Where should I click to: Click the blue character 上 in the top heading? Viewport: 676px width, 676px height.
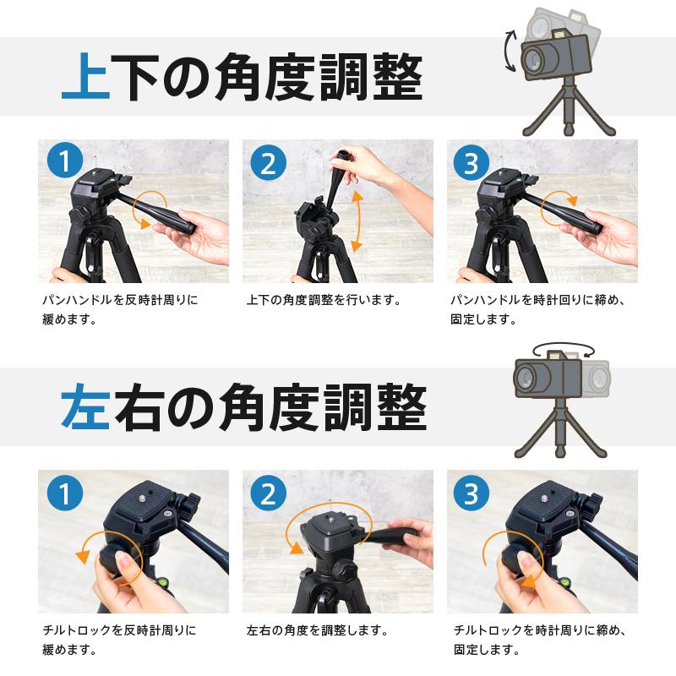pyautogui.click(x=86, y=76)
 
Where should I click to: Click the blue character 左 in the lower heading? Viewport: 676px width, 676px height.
pyautogui.click(x=86, y=407)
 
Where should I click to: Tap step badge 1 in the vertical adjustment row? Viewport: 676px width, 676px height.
pyautogui.click(x=65, y=160)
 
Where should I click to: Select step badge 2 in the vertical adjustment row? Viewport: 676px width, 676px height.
pyautogui.click(x=268, y=162)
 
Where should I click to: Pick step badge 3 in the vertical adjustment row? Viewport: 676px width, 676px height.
pyautogui.click(x=472, y=162)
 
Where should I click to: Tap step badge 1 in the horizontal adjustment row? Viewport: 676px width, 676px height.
pyautogui.click(x=65, y=493)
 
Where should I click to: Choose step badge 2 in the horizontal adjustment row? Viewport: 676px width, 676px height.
pyautogui.click(x=268, y=493)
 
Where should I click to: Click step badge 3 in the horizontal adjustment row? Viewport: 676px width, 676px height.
pyautogui.click(x=472, y=493)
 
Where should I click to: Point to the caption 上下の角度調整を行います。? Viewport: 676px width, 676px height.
pyautogui.click(x=324, y=300)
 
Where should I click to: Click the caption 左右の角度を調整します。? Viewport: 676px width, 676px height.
pyautogui.click(x=318, y=630)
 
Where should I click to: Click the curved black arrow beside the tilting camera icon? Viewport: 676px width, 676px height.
pyautogui.click(x=509, y=51)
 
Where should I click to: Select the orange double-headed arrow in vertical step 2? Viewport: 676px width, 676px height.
pyautogui.click(x=357, y=221)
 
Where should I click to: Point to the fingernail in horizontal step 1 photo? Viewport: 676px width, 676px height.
pyautogui.click(x=124, y=561)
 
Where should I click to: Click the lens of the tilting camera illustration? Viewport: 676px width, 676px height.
pyautogui.click(x=534, y=58)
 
